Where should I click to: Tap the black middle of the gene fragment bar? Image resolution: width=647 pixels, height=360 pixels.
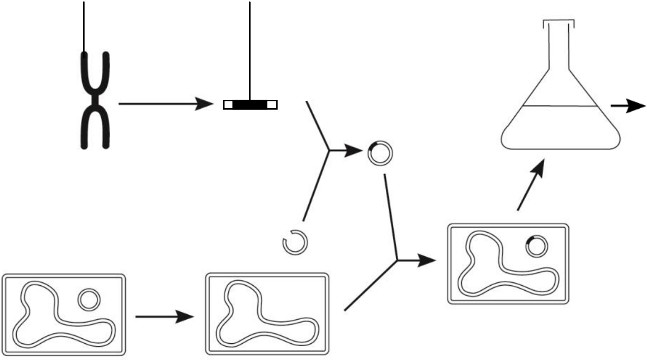250,104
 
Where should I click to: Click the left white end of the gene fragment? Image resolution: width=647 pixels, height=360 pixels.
228,104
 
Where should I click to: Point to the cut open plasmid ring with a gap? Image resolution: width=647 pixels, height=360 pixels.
295,242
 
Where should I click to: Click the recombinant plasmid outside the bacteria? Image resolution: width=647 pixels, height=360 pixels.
380,154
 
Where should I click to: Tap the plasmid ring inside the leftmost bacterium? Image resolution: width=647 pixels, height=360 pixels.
89,300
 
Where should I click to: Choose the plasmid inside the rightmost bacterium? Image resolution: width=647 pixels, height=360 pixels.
536,246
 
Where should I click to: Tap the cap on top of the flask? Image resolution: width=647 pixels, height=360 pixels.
559,22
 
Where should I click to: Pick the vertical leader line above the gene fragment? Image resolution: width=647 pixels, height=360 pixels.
250,49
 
